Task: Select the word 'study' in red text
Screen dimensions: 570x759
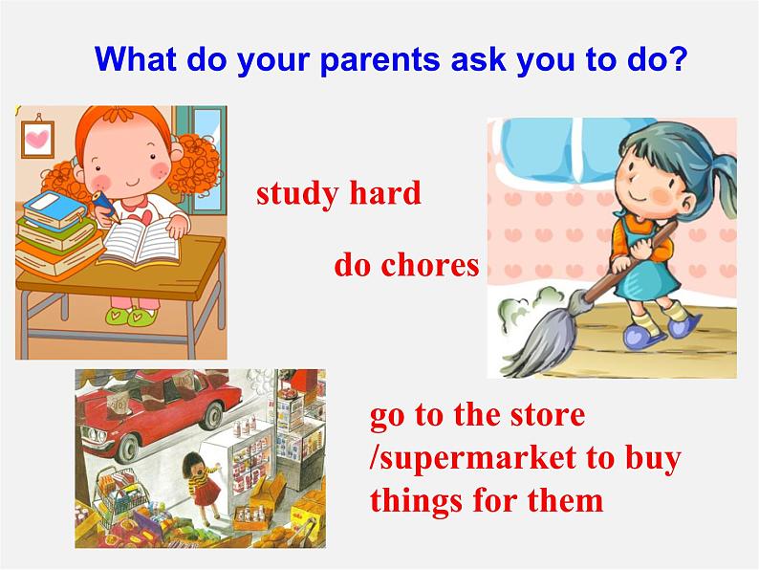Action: pos(296,193)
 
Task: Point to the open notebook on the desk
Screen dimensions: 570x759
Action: pos(139,240)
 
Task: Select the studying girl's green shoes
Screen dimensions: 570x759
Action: pos(131,315)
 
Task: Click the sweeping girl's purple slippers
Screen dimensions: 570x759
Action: pos(660,331)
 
